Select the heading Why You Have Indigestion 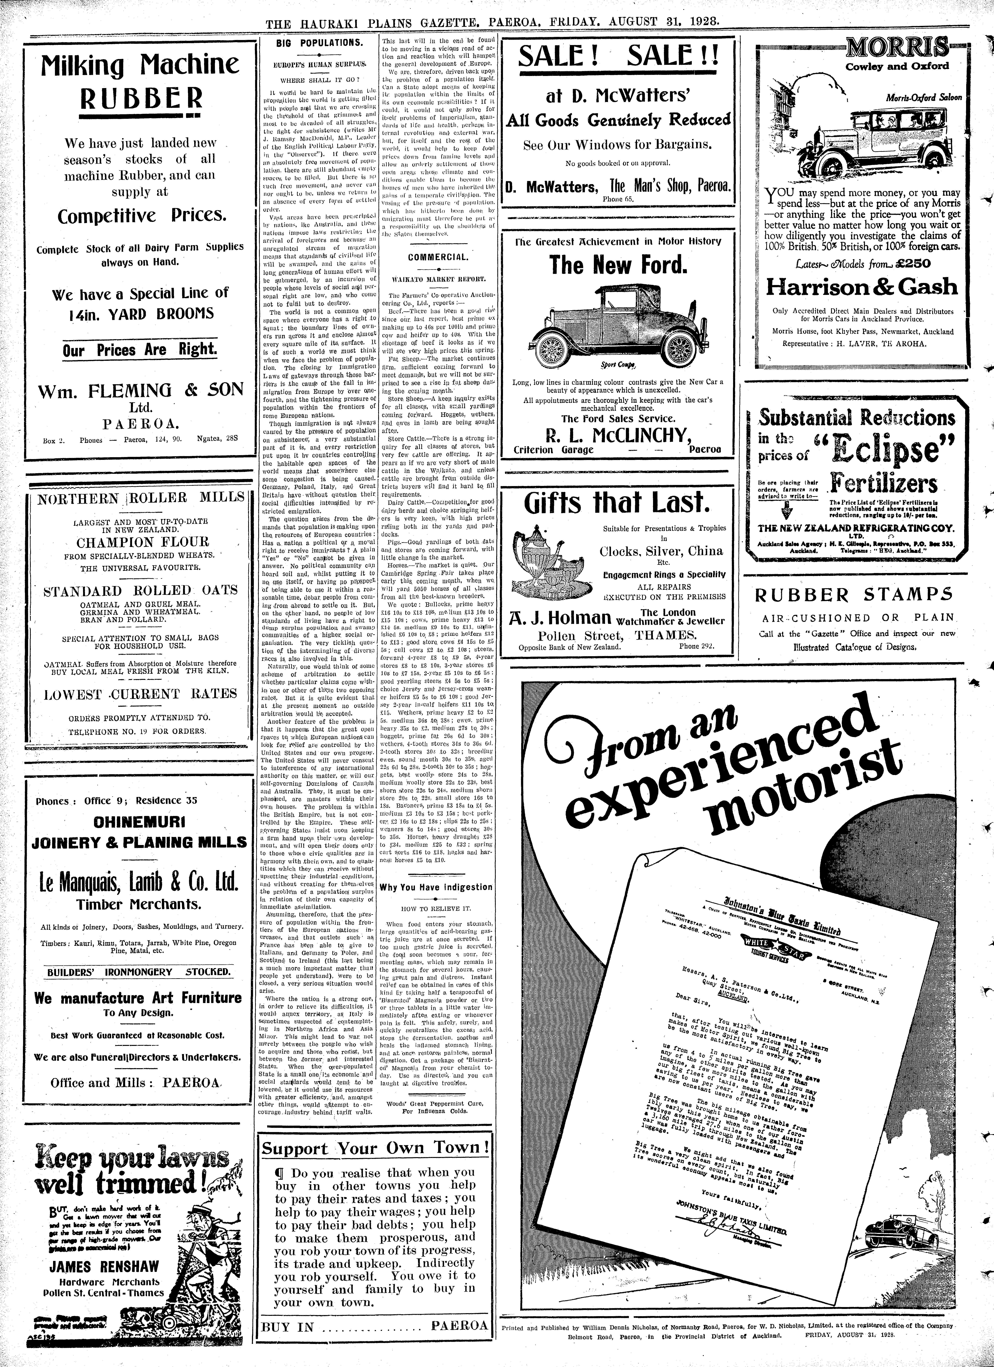click(436, 887)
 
